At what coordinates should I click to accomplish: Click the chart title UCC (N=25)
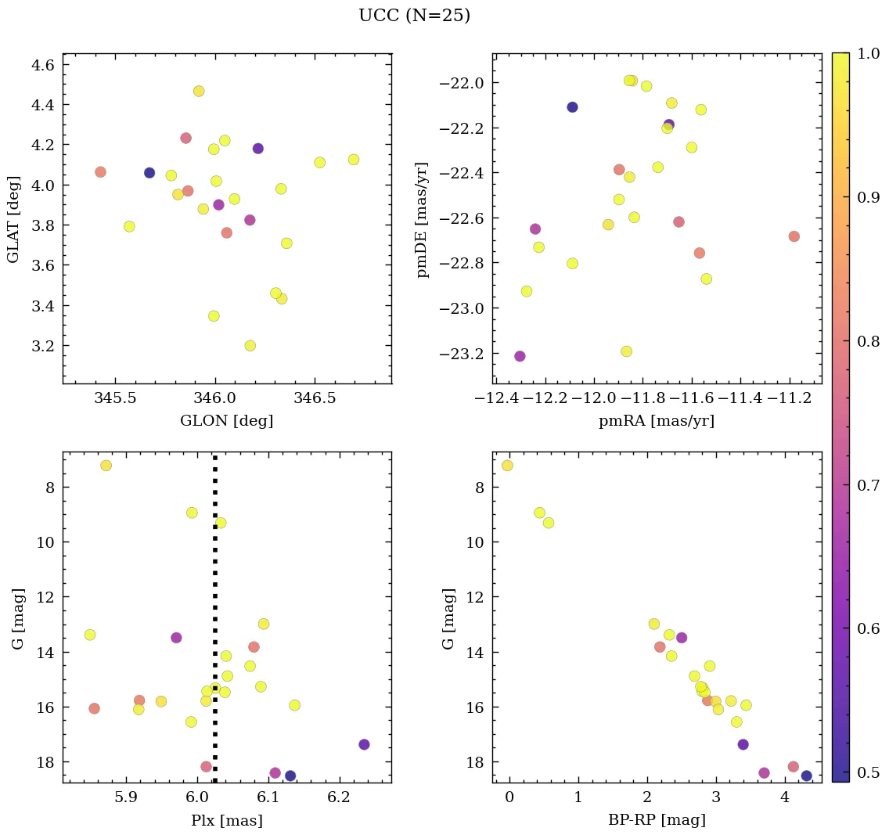[x=414, y=16]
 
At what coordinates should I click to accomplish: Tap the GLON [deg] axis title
[x=227, y=421]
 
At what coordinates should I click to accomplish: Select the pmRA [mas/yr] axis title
[x=656, y=421]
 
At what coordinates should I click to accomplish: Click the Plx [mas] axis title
[x=227, y=820]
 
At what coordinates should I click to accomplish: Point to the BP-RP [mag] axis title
[x=656, y=820]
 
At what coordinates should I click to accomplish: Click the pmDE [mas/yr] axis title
[x=423, y=218]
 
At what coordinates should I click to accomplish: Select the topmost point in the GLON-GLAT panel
[x=199, y=91]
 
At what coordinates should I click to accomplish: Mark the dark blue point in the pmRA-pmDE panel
[x=572, y=107]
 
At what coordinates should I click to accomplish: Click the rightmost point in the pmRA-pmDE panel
[x=794, y=236]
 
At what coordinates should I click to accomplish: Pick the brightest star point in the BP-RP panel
[x=507, y=466]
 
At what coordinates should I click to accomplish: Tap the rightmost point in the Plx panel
[x=364, y=744]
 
